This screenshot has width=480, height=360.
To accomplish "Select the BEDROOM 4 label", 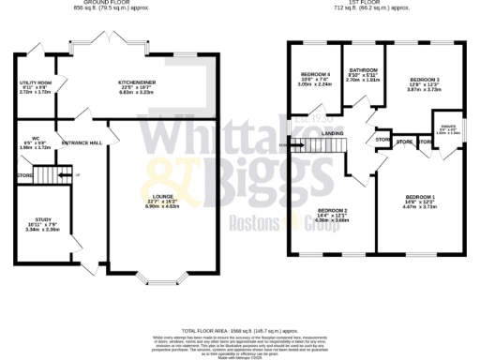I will pyautogui.click(x=315, y=74).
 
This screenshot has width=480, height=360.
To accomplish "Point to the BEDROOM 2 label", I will pyautogui.click(x=333, y=210).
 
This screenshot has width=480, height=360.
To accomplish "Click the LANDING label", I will pyautogui.click(x=333, y=135).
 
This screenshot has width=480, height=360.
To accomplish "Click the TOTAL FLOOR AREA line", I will pyautogui.click(x=239, y=331).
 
